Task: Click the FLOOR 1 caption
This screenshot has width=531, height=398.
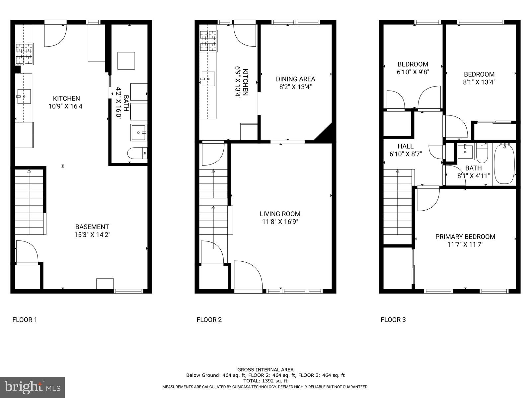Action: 25,320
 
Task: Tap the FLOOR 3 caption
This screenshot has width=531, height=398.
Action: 393,320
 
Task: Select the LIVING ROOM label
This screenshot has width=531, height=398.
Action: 280,214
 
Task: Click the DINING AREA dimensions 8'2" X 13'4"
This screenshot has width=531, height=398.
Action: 295,87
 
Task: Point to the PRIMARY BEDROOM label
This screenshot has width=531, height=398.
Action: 465,236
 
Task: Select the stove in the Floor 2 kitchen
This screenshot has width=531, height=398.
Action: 208,41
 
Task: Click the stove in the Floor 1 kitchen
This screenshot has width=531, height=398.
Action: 25,54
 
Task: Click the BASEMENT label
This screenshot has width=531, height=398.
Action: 92,227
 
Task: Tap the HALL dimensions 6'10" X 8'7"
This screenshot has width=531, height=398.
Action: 406,154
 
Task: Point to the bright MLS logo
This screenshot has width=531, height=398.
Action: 32,387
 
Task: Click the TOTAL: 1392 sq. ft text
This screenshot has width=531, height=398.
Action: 265,381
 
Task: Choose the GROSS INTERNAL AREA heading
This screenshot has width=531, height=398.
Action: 265,369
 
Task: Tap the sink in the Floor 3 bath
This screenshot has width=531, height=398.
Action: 465,152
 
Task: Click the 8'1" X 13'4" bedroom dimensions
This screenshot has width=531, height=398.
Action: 479,82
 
